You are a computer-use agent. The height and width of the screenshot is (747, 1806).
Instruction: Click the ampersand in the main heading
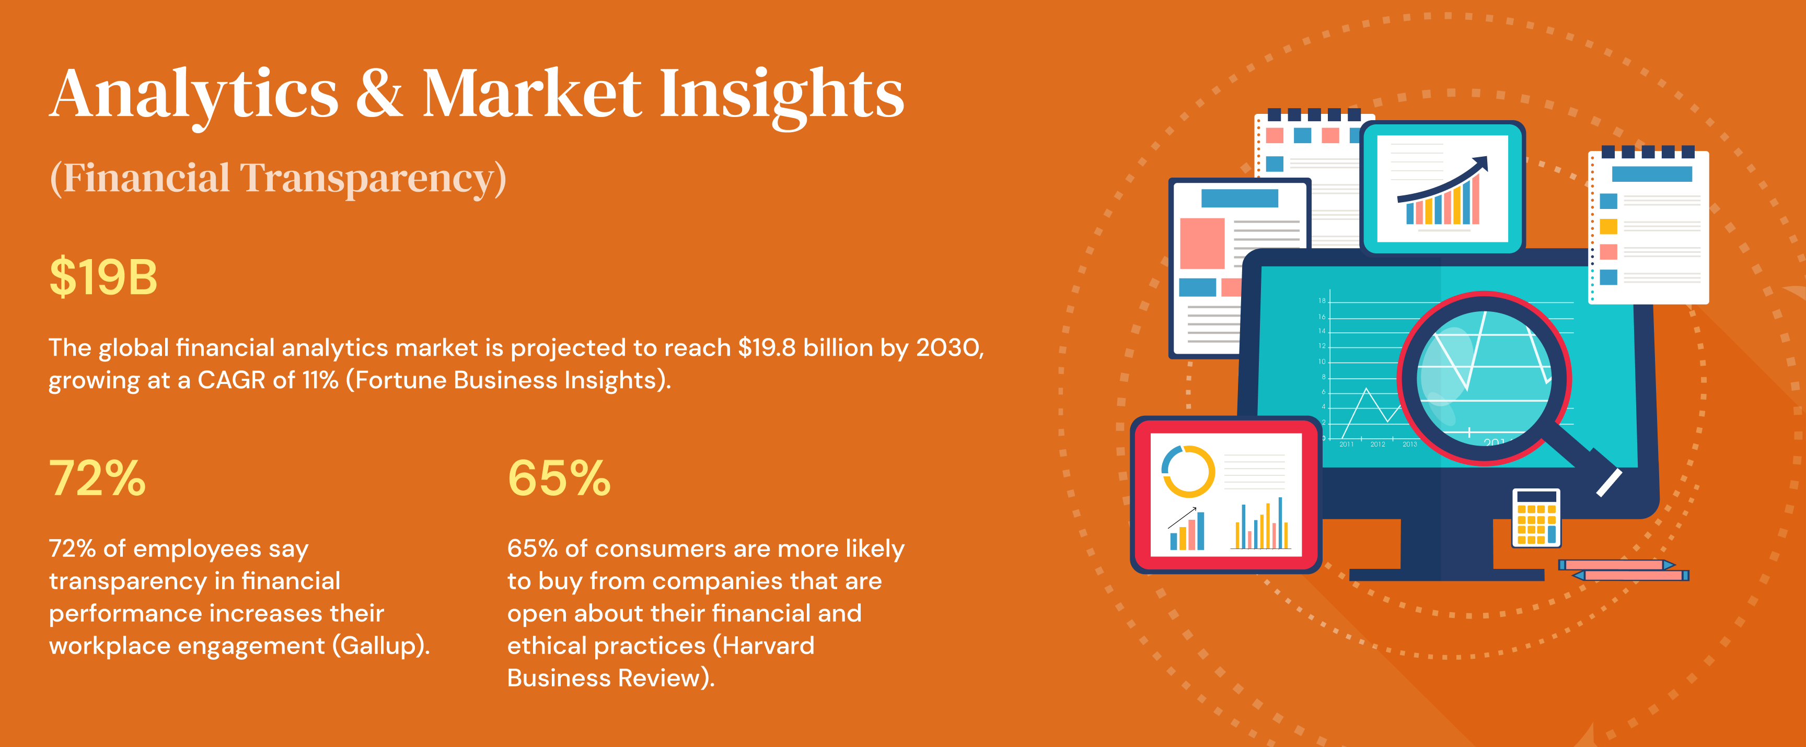379,93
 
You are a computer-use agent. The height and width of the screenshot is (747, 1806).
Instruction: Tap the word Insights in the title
782,96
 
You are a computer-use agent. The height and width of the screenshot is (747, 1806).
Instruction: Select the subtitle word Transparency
373,179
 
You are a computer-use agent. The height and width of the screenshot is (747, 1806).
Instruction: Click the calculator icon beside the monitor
1536,518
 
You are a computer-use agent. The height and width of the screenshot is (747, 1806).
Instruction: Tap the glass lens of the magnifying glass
1484,378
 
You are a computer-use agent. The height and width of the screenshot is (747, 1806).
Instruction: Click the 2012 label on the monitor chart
1377,444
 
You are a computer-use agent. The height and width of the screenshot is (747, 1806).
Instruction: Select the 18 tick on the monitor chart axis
1322,300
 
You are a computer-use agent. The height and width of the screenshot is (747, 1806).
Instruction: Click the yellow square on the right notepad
1609,226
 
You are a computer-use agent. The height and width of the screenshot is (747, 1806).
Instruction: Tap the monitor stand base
1446,575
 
